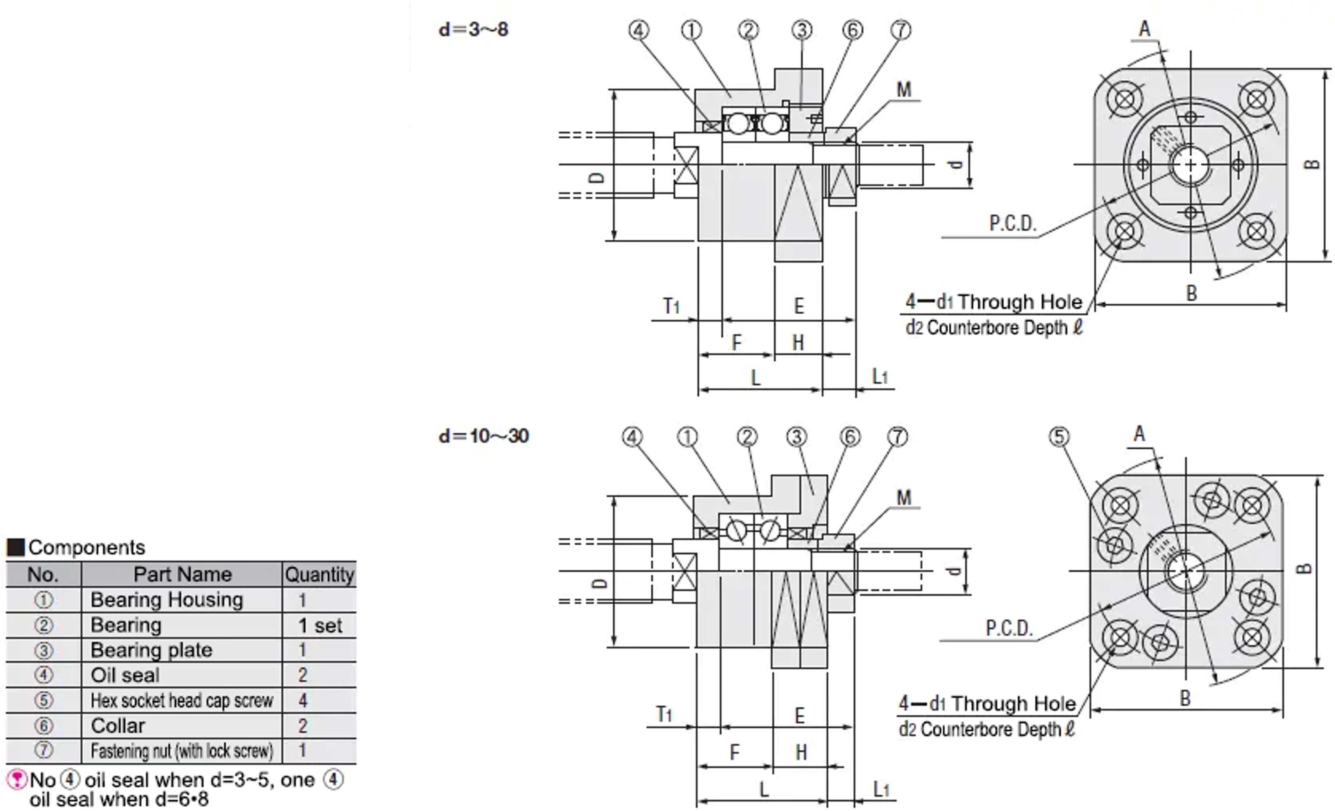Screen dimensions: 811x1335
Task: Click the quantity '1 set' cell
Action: tap(320, 625)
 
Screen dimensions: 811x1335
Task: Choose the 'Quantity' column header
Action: tap(319, 574)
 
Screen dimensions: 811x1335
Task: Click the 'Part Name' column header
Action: tap(182, 574)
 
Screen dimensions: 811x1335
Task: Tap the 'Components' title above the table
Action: tap(87, 547)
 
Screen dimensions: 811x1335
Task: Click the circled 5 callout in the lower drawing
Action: tap(1059, 437)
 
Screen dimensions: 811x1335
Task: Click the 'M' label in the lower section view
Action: tap(904, 497)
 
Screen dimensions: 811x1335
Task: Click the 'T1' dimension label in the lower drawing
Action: tap(664, 714)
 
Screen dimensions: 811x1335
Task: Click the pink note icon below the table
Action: tap(17, 780)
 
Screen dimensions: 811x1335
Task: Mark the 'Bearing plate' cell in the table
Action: tap(151, 650)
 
